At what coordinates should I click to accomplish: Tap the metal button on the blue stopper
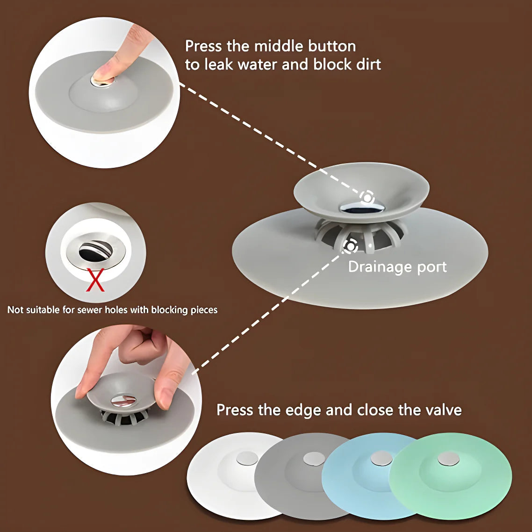click(x=381, y=459)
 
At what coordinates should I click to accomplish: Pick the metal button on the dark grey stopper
click(x=314, y=459)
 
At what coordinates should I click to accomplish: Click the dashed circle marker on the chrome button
click(x=367, y=197)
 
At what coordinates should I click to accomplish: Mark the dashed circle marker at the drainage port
click(x=350, y=245)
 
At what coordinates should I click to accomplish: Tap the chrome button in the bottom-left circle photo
click(x=123, y=399)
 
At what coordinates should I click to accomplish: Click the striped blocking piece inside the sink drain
click(x=95, y=251)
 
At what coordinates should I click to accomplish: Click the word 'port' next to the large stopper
click(x=432, y=267)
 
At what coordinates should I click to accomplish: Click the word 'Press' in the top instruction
click(x=203, y=46)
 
